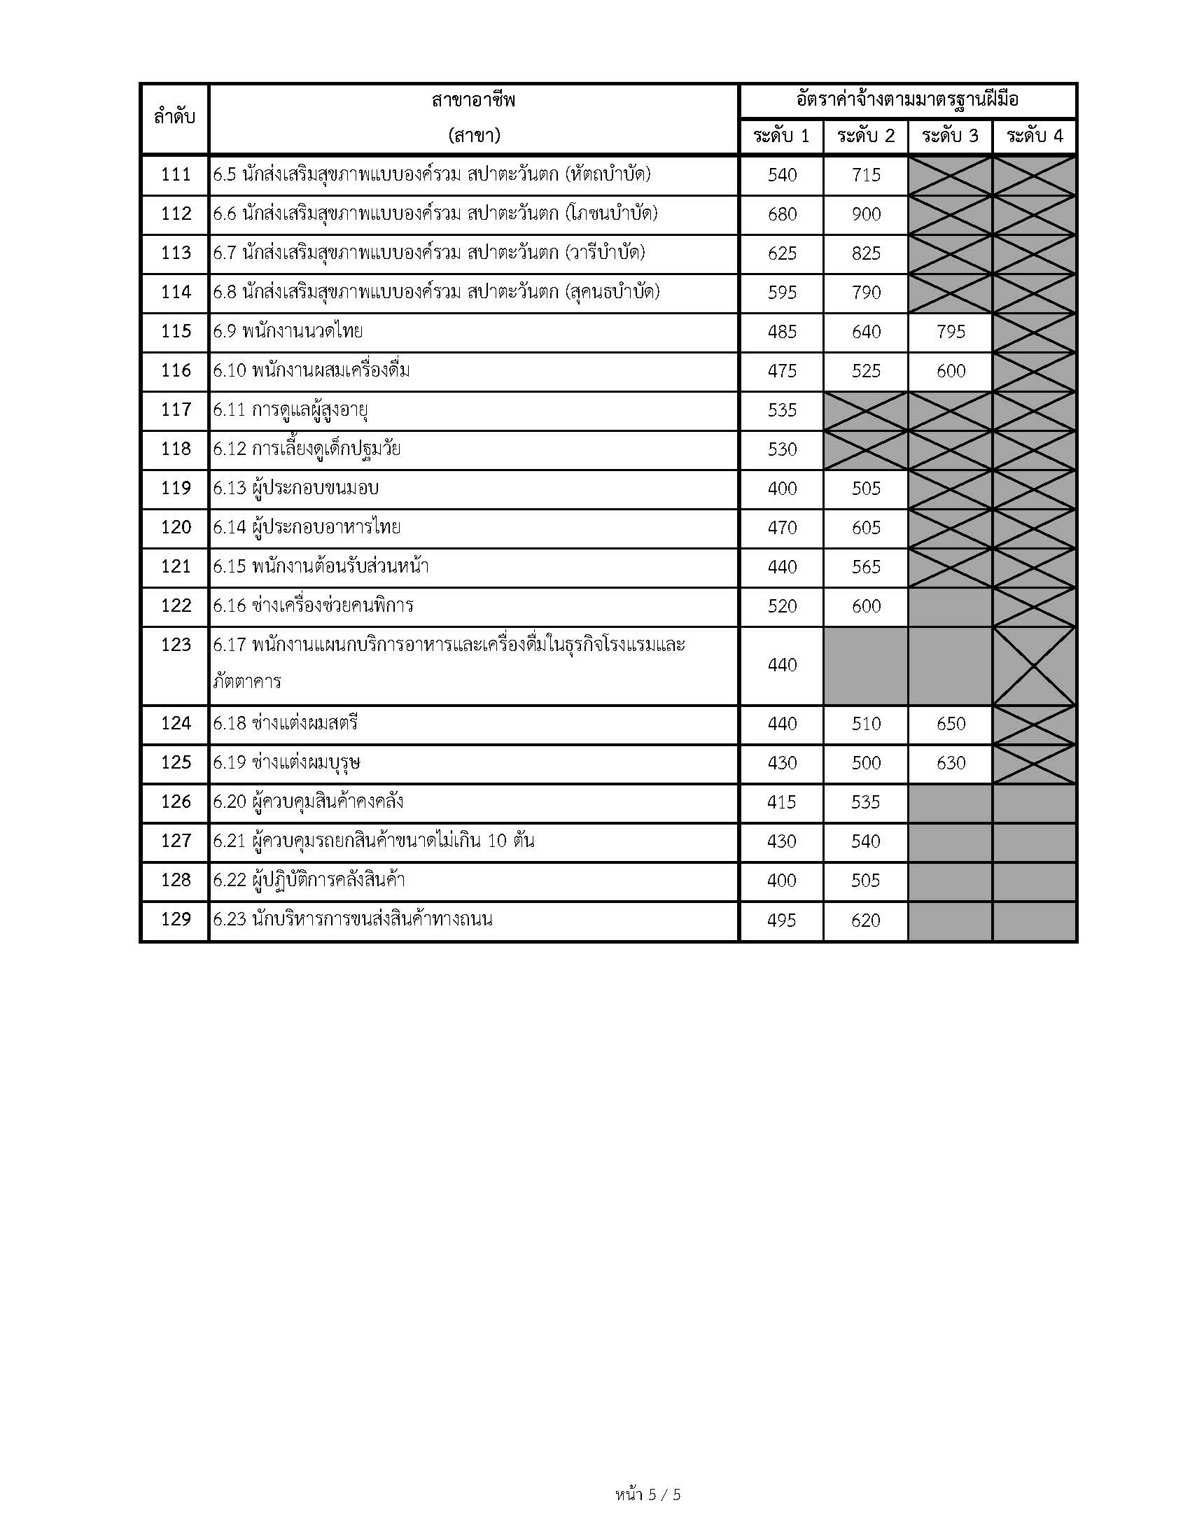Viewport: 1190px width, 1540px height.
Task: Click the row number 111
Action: [x=176, y=174]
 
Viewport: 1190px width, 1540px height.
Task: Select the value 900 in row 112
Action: [x=866, y=213]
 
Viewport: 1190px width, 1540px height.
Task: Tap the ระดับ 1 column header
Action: [x=781, y=136]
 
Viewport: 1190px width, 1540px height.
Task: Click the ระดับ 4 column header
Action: [x=1034, y=136]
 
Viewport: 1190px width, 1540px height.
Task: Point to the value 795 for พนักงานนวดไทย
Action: [x=951, y=331]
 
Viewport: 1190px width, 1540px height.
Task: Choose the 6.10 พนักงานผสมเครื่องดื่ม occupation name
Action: [x=311, y=370]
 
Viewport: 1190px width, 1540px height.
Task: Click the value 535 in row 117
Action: [x=782, y=409]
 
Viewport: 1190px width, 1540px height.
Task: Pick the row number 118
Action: [x=176, y=449]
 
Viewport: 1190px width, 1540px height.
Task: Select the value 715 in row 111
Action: [x=866, y=174]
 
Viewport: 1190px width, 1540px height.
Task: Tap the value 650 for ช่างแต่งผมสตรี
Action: [x=951, y=724]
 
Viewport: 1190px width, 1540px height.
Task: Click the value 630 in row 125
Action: [x=951, y=762]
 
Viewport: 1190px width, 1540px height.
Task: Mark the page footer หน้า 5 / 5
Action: [x=648, y=1494]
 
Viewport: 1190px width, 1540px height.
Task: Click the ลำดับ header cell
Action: [x=174, y=118]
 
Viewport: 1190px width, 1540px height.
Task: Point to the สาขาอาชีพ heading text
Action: [x=474, y=100]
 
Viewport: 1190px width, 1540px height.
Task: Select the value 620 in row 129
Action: [x=866, y=920]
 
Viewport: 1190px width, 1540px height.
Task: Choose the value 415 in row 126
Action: [x=782, y=801]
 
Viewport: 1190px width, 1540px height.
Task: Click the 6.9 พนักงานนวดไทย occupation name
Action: [x=288, y=331]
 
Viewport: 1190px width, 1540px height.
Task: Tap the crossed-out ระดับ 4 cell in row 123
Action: [x=1034, y=666]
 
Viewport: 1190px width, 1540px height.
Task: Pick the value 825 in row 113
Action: [x=866, y=253]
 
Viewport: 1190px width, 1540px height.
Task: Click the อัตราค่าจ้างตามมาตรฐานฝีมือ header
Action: [x=908, y=100]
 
